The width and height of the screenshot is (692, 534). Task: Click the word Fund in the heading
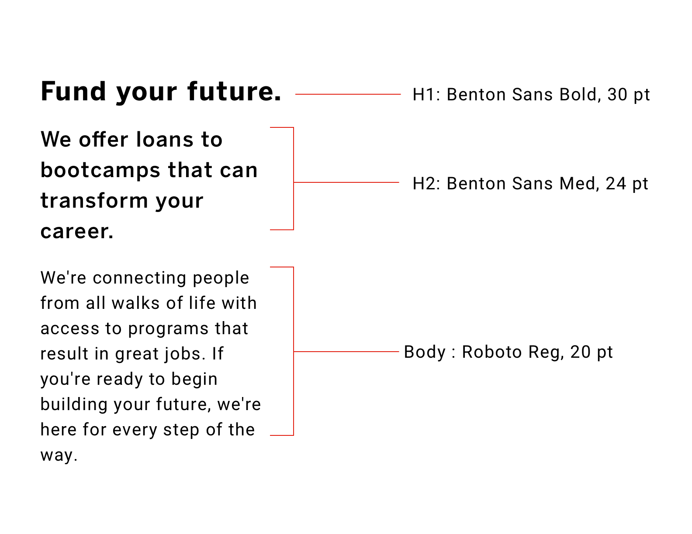click(73, 92)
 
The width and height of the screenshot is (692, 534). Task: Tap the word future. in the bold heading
click(235, 92)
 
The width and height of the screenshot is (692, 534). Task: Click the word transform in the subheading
click(94, 200)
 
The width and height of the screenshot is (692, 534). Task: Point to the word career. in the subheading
click(77, 231)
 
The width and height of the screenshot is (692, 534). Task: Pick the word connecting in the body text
click(139, 278)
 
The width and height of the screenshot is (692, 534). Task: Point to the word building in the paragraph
click(74, 405)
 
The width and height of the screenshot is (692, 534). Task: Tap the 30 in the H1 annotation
click(617, 95)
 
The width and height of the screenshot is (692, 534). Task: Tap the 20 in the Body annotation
click(580, 352)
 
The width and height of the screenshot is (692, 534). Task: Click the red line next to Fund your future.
click(348, 94)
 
